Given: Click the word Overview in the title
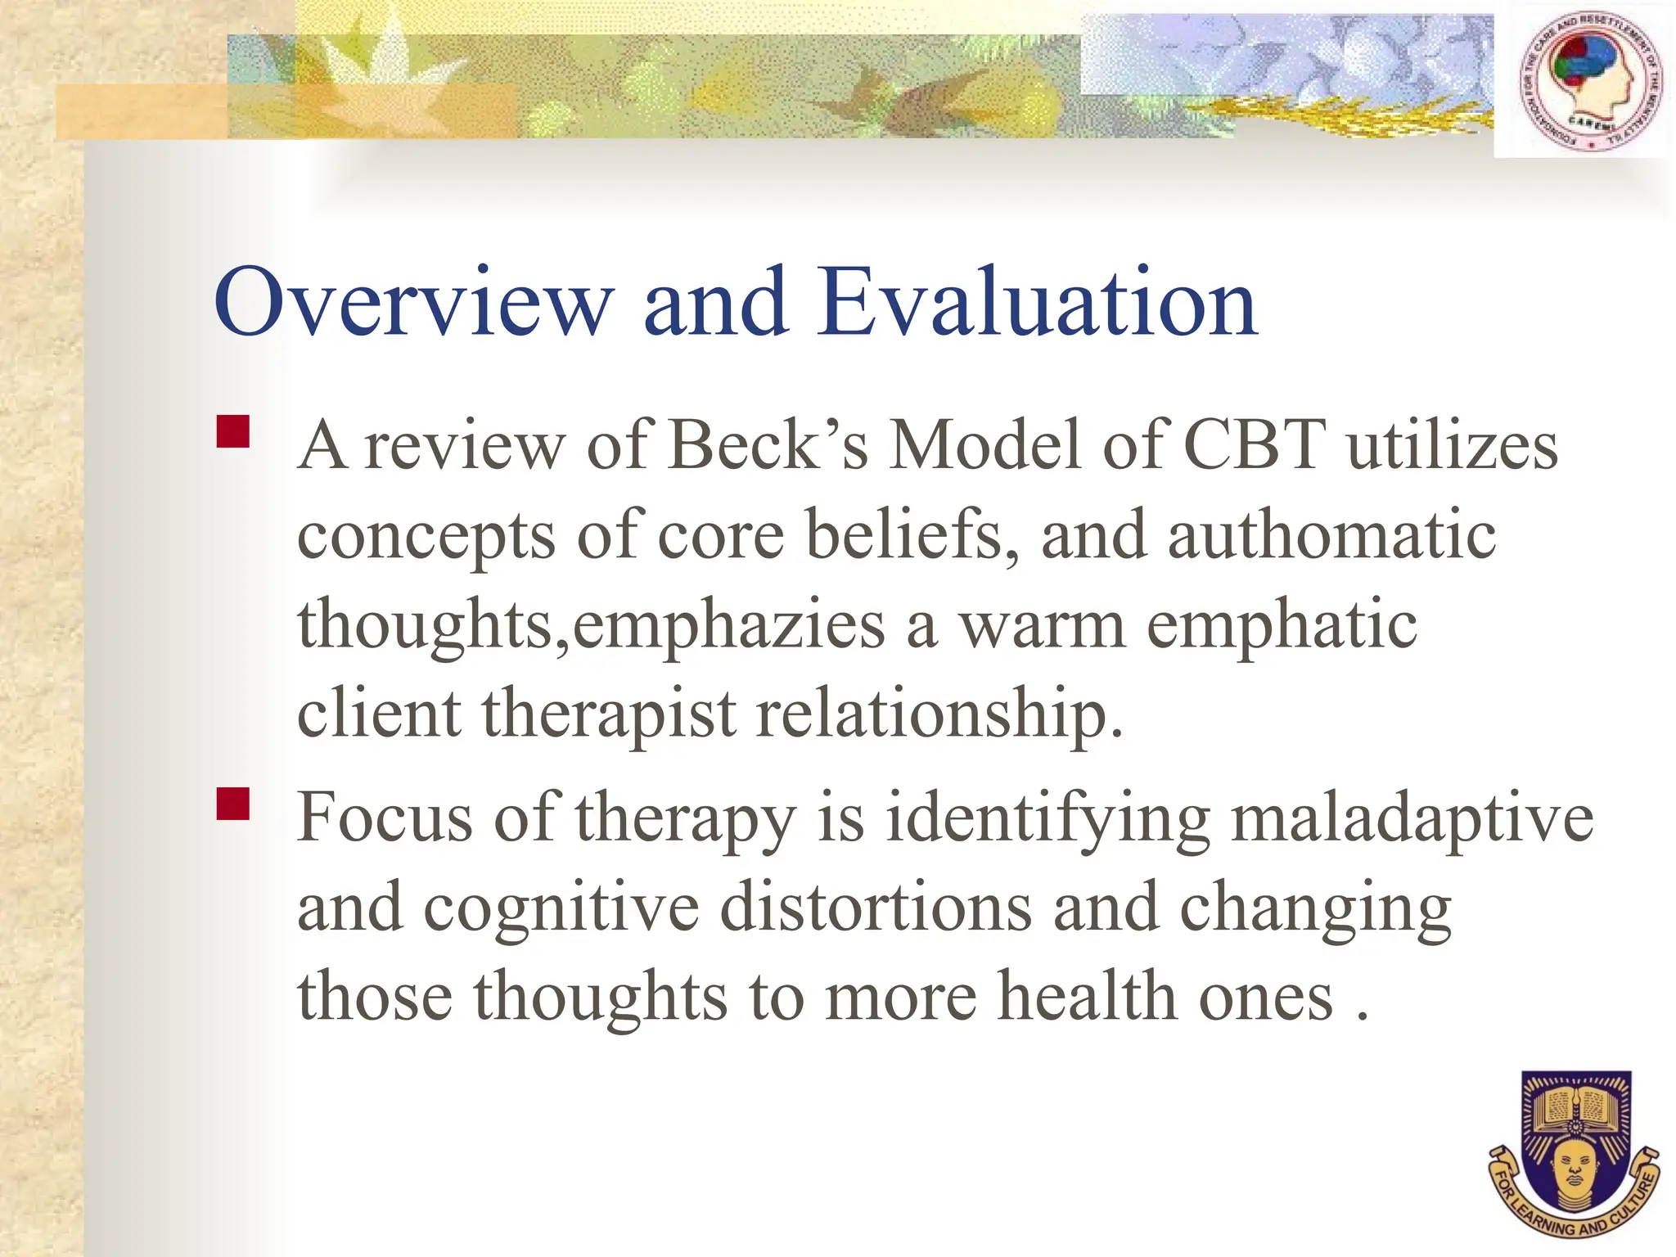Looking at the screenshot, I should (x=413, y=303).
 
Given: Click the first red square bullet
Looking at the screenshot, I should (x=233, y=431).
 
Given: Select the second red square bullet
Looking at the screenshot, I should (x=233, y=804).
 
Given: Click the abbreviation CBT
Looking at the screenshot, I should (x=1254, y=446).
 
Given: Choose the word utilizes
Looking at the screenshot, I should (x=1453, y=446).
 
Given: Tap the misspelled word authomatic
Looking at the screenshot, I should (x=1331, y=536).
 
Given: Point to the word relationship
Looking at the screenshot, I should (x=939, y=714).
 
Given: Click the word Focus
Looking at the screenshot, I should (x=385, y=818).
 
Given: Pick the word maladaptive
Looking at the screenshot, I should (x=1412, y=818).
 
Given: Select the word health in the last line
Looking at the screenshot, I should (x=1088, y=997).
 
